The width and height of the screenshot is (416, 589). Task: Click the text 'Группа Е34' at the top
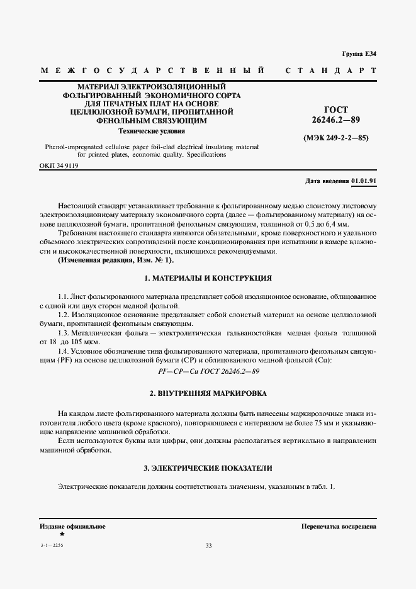coord(359,54)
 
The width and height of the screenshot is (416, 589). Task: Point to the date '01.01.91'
coord(364,181)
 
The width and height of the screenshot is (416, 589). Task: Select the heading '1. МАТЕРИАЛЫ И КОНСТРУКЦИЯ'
coord(208,278)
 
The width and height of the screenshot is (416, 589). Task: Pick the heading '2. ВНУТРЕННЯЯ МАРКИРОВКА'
coord(208,393)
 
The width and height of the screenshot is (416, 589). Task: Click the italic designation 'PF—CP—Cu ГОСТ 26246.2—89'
coord(208,371)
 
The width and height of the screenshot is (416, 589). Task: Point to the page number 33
coord(208,546)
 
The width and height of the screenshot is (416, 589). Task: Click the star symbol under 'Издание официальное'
coord(61,534)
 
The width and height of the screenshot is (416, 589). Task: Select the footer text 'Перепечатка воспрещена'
coord(339,525)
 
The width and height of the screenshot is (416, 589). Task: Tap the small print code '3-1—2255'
coord(51,545)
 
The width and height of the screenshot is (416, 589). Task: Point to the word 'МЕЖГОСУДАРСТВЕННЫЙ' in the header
coord(151,70)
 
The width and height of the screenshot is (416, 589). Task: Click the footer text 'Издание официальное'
coord(72,525)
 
